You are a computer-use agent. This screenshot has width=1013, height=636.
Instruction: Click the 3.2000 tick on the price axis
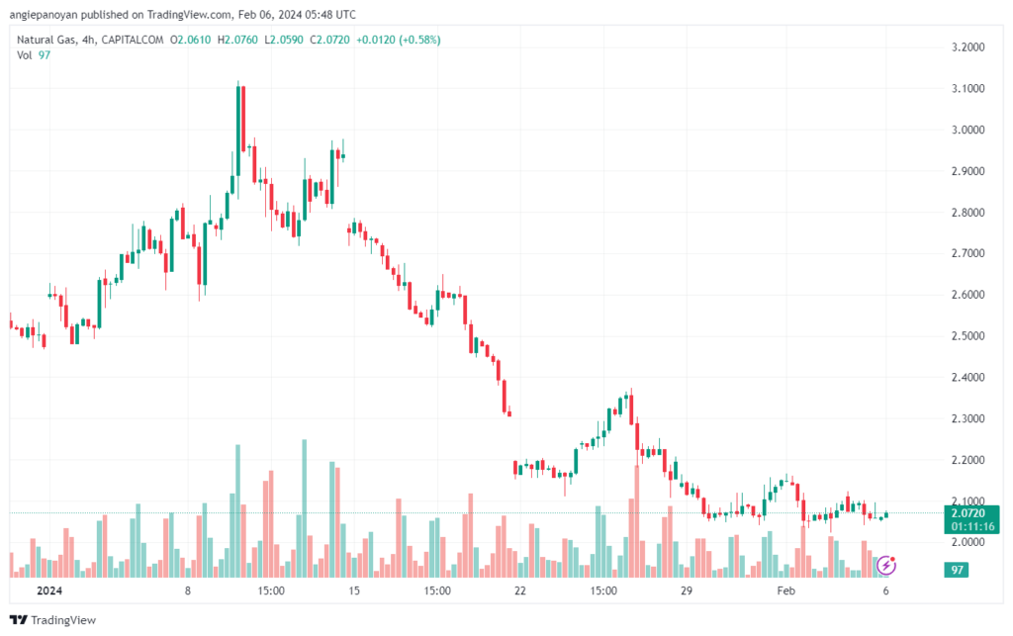pos(967,46)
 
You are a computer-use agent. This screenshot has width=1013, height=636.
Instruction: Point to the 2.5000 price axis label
pos(967,335)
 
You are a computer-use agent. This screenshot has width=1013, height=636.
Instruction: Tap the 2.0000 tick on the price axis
pos(967,542)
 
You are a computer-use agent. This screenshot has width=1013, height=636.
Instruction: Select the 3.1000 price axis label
pos(967,88)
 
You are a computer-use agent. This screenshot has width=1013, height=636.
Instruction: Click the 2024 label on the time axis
pos(48,591)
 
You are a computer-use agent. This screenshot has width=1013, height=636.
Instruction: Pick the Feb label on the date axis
pos(785,591)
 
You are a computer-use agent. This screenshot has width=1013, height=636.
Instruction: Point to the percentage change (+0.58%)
pos(417,40)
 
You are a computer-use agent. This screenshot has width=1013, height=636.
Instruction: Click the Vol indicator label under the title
pos(24,54)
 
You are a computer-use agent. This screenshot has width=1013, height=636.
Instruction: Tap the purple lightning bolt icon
pos(887,565)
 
